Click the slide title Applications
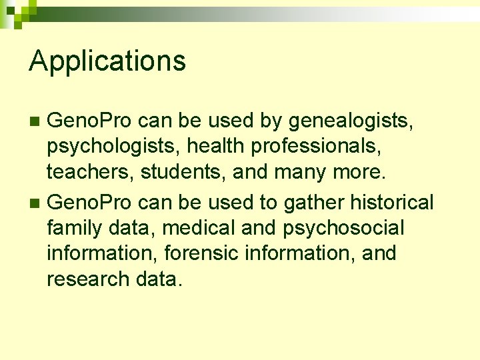107,61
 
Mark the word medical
199,228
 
